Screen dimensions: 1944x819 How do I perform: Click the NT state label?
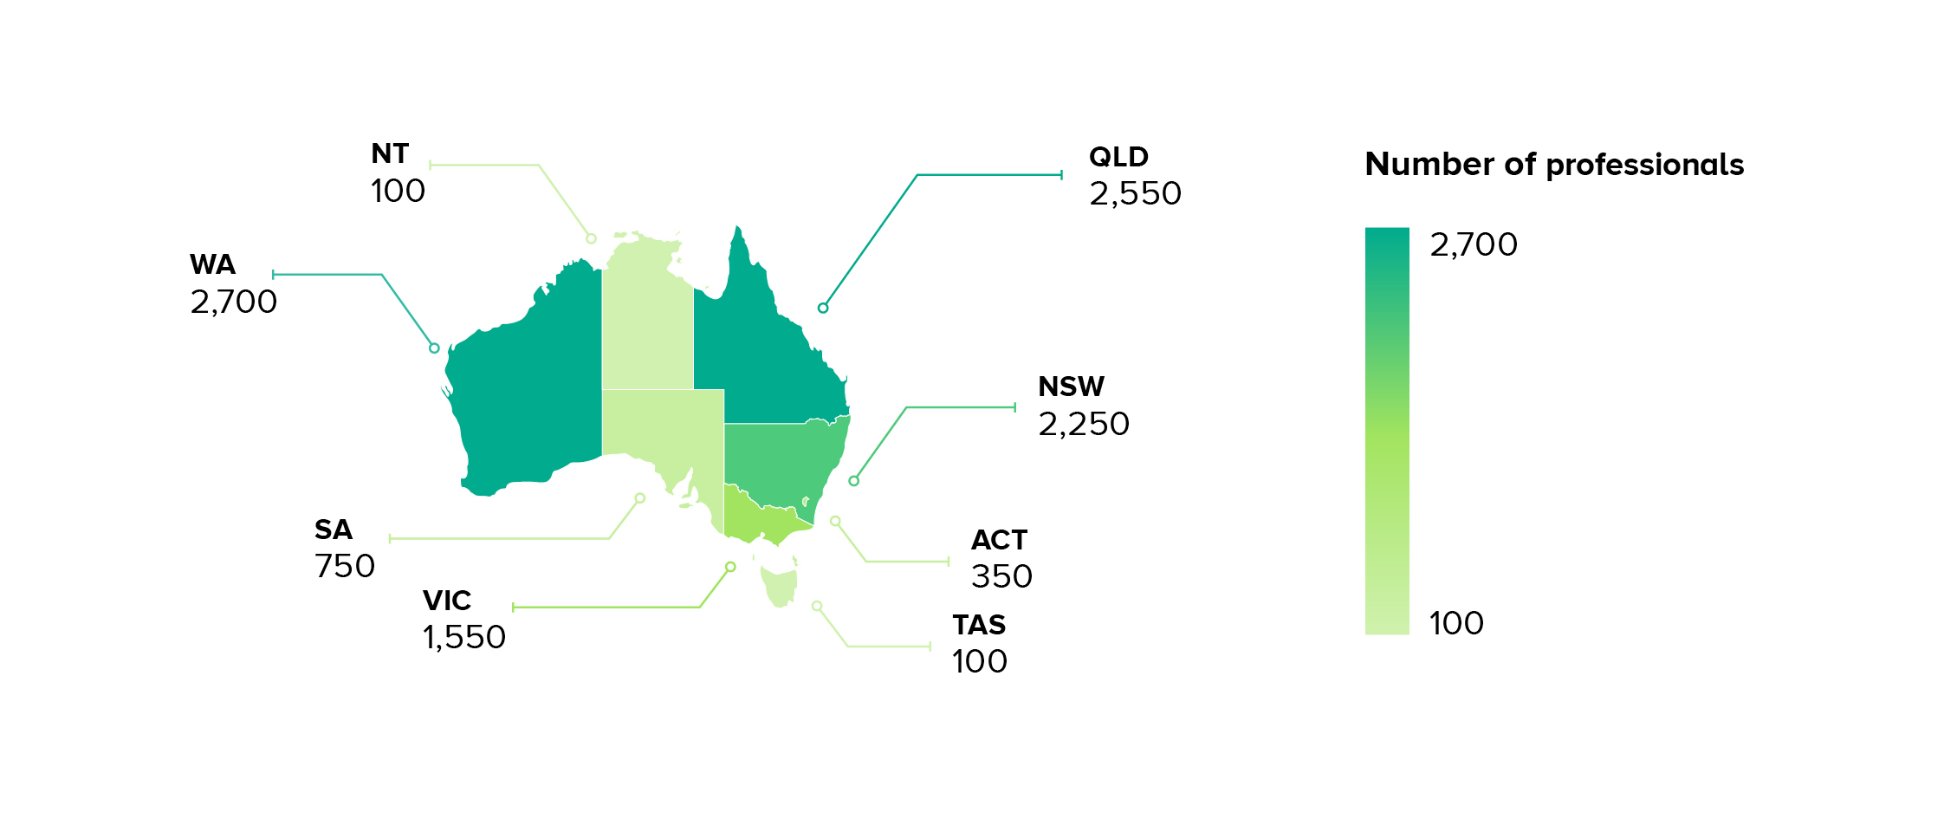[x=390, y=153]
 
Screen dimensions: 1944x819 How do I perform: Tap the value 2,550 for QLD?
[x=1135, y=193]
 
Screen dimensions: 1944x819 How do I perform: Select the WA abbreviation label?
[x=212, y=264]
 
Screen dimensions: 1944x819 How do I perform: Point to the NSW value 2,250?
[x=1084, y=424]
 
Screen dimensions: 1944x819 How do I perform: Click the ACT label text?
[x=999, y=540]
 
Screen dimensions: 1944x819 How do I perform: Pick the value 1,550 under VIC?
[x=464, y=637]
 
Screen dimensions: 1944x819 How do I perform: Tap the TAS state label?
[x=979, y=625]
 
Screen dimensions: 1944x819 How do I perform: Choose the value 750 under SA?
[x=345, y=566]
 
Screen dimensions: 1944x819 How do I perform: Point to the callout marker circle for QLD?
[x=823, y=308]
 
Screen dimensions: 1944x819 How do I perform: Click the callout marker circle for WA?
[x=434, y=348]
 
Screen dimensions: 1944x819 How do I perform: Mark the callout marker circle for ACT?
[x=835, y=521]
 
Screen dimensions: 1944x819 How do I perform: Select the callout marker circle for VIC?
[x=730, y=567]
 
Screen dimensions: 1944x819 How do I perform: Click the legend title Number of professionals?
[x=1554, y=165]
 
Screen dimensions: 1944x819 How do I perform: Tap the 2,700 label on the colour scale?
[x=1474, y=245]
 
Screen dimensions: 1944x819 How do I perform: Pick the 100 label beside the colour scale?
[x=1456, y=623]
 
